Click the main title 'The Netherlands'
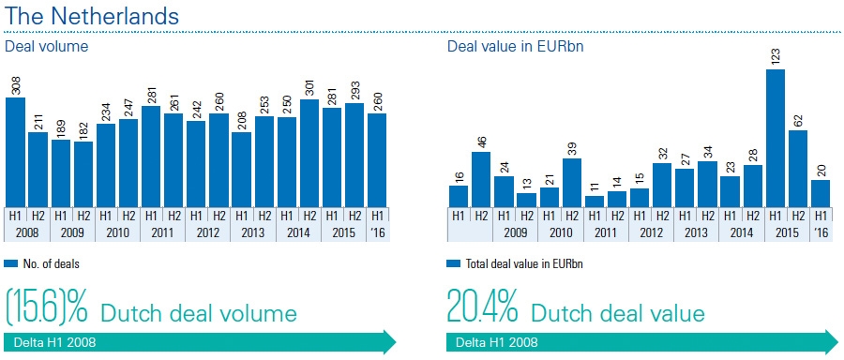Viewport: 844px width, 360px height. [92, 16]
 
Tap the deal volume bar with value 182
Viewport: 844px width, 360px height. [84, 173]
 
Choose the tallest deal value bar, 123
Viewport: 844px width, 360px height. [776, 138]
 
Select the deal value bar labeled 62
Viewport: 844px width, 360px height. [798, 168]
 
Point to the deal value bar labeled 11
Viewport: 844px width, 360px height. [595, 201]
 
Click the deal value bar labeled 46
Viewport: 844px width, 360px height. [481, 178]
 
